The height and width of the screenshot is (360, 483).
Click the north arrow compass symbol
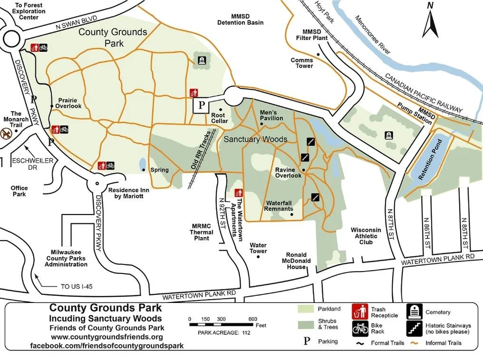tap(429, 22)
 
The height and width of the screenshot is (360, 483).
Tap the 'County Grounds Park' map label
tap(113, 38)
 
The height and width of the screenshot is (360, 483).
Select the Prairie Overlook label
tap(68, 102)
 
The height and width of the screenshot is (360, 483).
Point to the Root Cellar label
tap(219, 118)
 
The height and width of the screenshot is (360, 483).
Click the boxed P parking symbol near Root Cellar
tap(202, 105)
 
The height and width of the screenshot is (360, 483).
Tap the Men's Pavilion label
tap(271, 115)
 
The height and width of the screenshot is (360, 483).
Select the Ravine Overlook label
tap(288, 173)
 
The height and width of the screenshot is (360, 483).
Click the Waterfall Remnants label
tap(278, 206)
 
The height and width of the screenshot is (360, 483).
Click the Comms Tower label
tap(302, 63)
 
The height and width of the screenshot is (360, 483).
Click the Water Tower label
tap(258, 248)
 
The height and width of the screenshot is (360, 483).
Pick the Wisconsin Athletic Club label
tap(366, 236)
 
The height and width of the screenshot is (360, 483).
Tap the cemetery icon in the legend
tap(414, 312)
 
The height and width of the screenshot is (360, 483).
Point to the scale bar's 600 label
tap(253, 319)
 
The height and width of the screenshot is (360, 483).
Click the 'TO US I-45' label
tap(76, 287)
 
